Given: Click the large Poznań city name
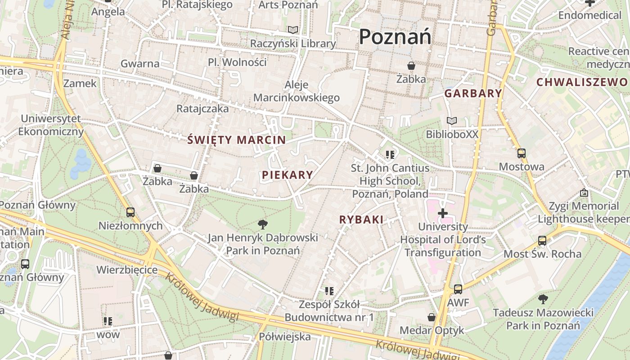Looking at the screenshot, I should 395,36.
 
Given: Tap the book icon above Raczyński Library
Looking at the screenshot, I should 293,30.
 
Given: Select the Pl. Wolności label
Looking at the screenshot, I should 237,62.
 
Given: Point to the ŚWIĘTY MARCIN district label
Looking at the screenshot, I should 237,140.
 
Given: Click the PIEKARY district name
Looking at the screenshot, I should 287,175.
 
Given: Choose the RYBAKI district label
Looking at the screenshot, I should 361,220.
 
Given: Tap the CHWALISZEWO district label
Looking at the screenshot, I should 582,82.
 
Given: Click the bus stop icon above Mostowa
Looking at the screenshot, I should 521,153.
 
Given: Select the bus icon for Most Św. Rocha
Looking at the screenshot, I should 542,241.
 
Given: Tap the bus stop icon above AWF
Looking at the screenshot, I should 458,289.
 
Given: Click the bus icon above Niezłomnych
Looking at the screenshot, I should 130,212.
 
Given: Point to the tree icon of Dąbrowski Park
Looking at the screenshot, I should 263,224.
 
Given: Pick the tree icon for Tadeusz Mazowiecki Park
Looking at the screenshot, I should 543,299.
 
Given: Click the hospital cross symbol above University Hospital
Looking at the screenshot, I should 443,213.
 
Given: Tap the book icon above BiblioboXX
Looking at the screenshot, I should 452,121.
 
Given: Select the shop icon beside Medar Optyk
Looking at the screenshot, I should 432,318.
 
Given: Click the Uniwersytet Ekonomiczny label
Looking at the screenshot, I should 51,125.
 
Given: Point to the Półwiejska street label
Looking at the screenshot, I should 285,337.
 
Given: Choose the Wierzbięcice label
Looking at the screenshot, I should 127,270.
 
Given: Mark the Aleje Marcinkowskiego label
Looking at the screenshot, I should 297,91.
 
